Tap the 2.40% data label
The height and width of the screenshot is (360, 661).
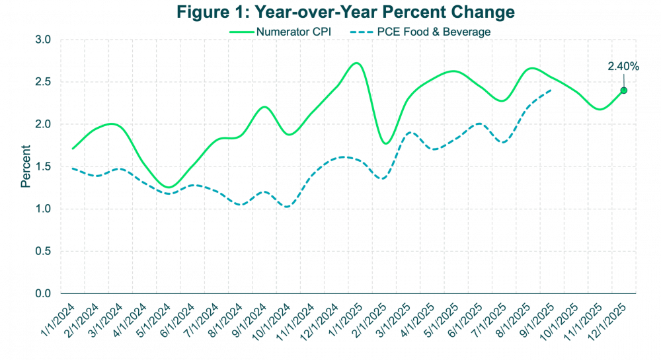(623, 66)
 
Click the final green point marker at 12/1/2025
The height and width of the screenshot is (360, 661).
(623, 90)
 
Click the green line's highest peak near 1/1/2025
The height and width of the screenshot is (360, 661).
(356, 63)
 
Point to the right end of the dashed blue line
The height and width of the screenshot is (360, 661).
(551, 91)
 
